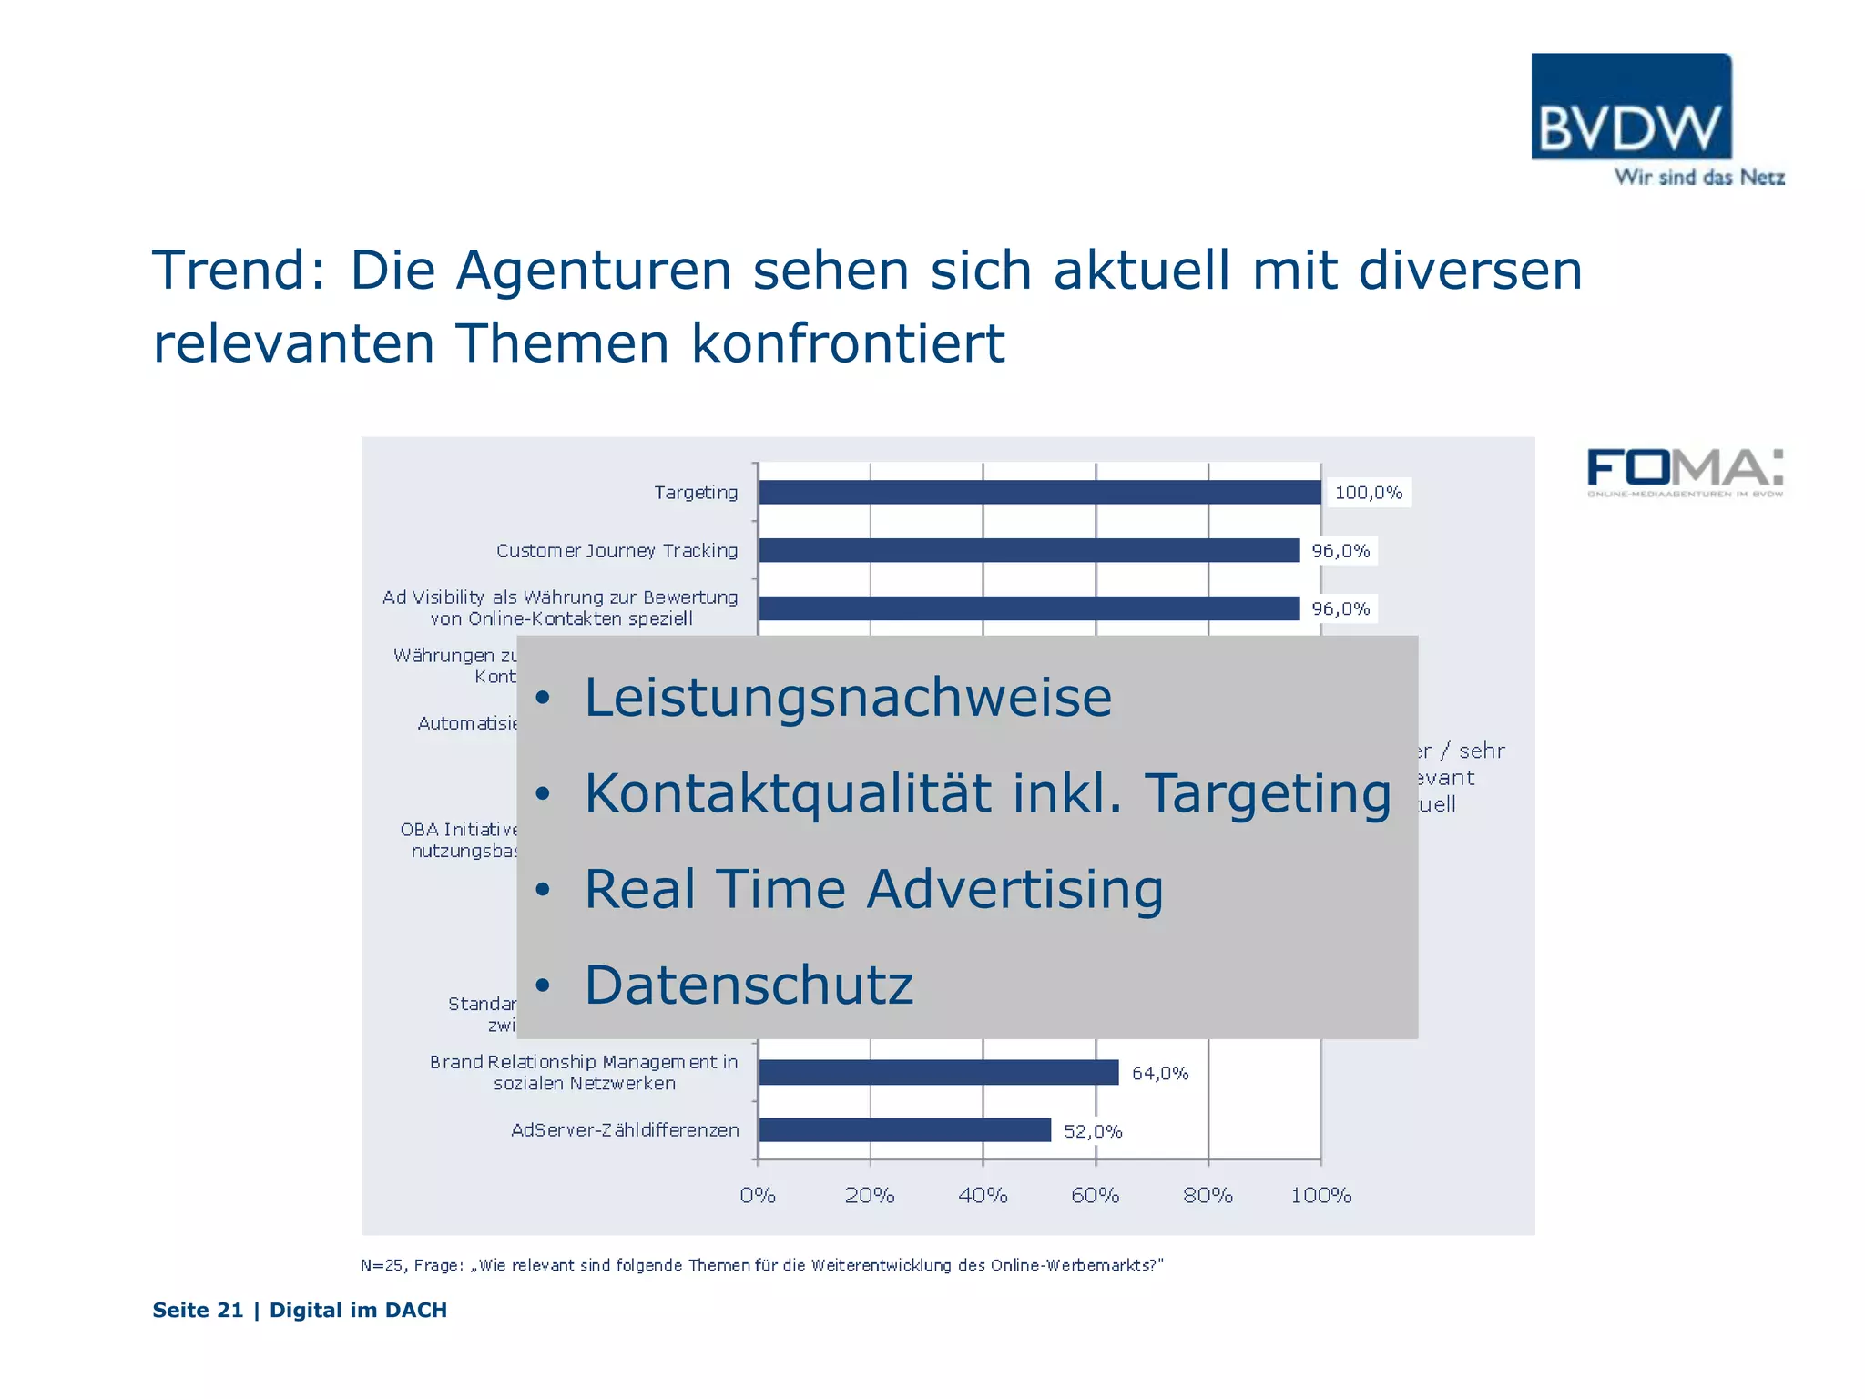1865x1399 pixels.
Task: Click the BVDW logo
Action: pyautogui.click(x=1631, y=107)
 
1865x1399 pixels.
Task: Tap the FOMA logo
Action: pyautogui.click(x=1684, y=470)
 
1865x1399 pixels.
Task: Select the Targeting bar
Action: pyautogui.click(x=1039, y=492)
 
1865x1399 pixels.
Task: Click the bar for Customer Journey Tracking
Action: pyautogui.click(x=1028, y=550)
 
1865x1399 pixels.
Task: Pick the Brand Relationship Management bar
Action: pyautogui.click(x=938, y=1073)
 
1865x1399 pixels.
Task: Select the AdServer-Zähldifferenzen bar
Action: pyautogui.click(x=904, y=1130)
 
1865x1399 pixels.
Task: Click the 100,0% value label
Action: pyautogui.click(x=1368, y=493)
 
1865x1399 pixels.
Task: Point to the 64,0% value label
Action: pyautogui.click(x=1160, y=1074)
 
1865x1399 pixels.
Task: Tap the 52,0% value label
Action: pyautogui.click(x=1093, y=1131)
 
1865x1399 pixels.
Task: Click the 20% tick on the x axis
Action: pyautogui.click(x=870, y=1195)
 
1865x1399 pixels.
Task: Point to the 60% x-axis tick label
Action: pyautogui.click(x=1095, y=1195)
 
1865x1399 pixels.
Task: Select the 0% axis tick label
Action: pyautogui.click(x=758, y=1195)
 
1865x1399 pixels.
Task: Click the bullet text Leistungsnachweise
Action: pyautogui.click(x=848, y=698)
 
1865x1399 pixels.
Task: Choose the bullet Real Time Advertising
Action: pyautogui.click(x=873, y=889)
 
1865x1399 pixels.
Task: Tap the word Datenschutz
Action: pyautogui.click(x=749, y=985)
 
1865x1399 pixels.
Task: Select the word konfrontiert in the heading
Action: pyautogui.click(x=848, y=344)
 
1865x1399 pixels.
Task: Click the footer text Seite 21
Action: pyautogui.click(x=198, y=1310)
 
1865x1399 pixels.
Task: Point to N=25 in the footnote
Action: pyautogui.click(x=382, y=1265)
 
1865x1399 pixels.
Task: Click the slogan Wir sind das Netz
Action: pyautogui.click(x=1699, y=178)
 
